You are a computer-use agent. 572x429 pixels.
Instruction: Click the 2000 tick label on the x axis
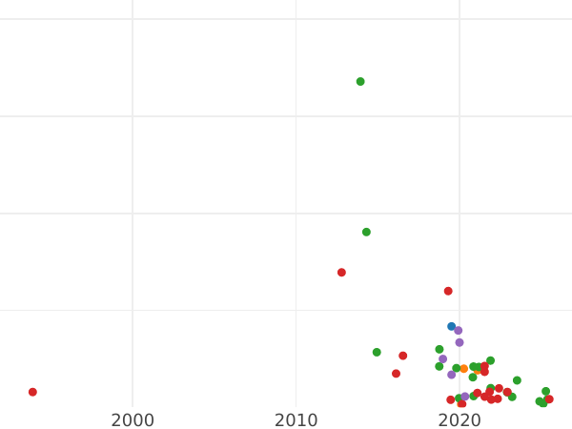point(133,420)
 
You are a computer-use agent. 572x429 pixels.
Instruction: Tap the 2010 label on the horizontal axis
point(296,420)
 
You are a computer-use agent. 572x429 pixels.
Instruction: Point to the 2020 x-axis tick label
point(460,420)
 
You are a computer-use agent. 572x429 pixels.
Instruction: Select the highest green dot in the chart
point(360,82)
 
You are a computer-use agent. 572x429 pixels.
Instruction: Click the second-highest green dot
point(366,233)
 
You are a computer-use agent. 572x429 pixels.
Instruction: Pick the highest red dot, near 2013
point(341,273)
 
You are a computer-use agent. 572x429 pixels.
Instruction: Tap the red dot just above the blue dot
point(448,292)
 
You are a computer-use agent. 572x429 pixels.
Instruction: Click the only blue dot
point(452,327)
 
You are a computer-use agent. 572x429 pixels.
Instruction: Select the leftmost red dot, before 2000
point(32,393)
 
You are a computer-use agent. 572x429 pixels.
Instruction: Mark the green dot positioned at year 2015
point(377,353)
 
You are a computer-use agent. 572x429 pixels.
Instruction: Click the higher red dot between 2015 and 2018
point(403,357)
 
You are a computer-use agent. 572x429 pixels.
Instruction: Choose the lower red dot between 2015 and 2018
point(397,374)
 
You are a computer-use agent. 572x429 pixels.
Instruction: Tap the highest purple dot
point(459,331)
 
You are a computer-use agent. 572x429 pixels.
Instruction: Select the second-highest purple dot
point(460,343)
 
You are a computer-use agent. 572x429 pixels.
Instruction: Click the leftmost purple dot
point(443,359)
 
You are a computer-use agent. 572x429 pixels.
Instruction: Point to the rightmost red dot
point(549,399)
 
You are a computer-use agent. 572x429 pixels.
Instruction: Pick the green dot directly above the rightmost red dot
point(546,392)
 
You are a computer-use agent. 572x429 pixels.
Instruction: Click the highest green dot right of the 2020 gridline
point(491,361)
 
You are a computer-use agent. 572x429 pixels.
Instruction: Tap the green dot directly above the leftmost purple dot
point(439,350)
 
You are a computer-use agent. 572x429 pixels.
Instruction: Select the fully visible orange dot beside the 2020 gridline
point(464,369)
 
